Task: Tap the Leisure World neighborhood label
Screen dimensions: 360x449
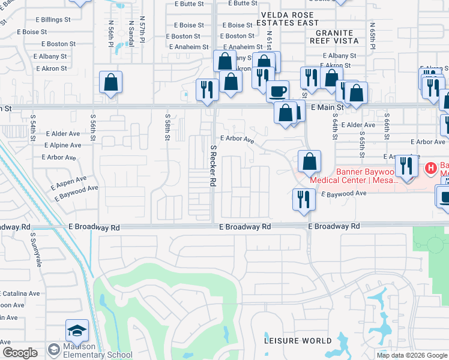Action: [298, 341]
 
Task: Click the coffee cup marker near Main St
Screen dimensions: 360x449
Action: [277, 91]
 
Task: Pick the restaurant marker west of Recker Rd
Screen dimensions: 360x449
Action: [207, 89]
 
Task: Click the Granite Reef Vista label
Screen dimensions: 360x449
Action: [334, 37]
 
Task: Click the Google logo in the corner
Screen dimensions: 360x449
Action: [20, 353]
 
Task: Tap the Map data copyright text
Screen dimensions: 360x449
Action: [411, 355]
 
